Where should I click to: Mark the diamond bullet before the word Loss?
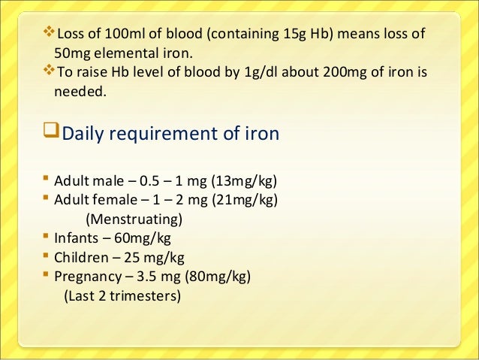pos(50,32)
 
